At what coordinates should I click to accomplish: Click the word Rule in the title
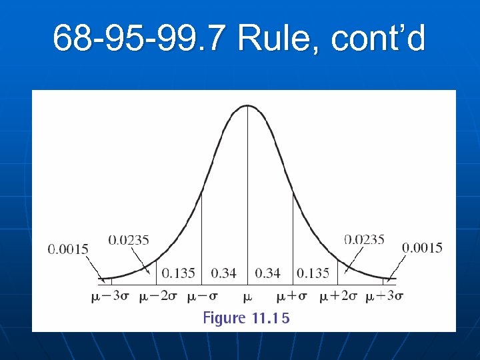[279, 38]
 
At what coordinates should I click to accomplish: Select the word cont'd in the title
[377, 38]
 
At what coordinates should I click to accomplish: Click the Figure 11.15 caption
[246, 318]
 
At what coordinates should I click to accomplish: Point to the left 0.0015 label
[68, 249]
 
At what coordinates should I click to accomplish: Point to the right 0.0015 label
[422, 248]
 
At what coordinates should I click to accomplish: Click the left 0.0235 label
[129, 239]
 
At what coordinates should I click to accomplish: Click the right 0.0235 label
[364, 239]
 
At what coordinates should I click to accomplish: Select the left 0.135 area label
[179, 273]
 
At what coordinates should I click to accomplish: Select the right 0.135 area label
[313, 273]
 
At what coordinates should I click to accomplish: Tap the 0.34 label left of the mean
[223, 273]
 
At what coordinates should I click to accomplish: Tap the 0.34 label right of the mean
[268, 273]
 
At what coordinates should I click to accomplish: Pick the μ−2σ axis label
[157, 296]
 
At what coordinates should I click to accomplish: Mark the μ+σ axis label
[293, 296]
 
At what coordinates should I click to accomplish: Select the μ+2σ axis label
[337, 296]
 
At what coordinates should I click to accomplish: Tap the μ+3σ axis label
[385, 296]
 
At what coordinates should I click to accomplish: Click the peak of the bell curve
[247, 105]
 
